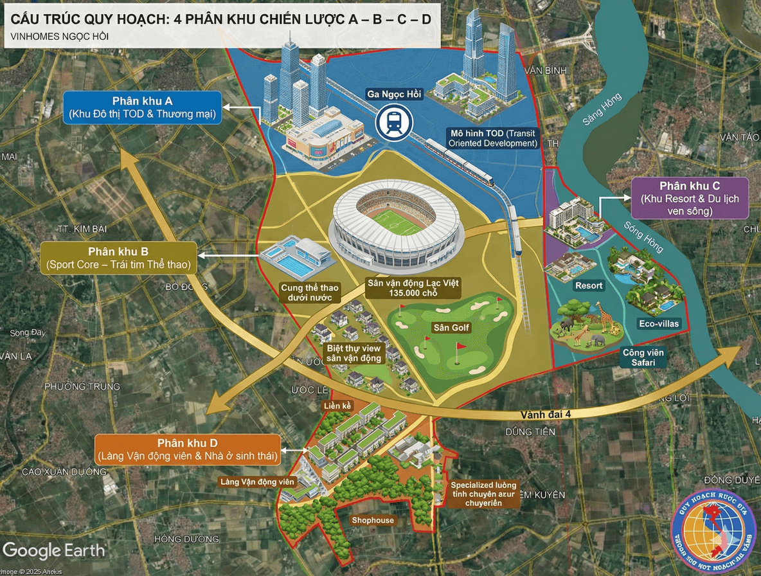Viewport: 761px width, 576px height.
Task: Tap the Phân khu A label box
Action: [x=142, y=108]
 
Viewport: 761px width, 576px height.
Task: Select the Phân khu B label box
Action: [x=119, y=258]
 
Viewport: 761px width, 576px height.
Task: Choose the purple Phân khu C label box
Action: [x=689, y=198]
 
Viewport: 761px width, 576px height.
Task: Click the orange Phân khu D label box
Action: [x=187, y=450]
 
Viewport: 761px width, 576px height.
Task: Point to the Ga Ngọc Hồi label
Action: [x=393, y=94]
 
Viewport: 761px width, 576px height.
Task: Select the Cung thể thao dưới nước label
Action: [x=310, y=292]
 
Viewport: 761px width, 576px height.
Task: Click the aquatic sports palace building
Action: [x=296, y=255]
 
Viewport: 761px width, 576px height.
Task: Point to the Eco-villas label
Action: [x=659, y=323]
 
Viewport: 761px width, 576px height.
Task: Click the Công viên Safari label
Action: [x=643, y=357]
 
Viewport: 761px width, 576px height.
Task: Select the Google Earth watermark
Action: [x=54, y=550]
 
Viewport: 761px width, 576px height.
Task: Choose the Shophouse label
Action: [x=372, y=520]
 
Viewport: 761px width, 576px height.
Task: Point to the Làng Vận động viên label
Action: [x=257, y=482]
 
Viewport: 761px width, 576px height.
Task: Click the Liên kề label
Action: [x=338, y=406]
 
